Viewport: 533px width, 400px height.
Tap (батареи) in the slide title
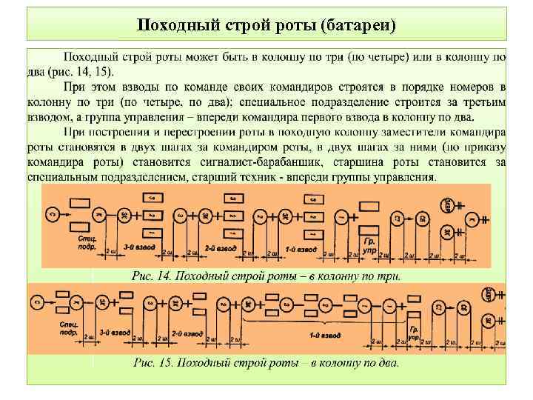coord(359,24)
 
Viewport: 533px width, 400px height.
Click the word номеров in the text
coord(474,87)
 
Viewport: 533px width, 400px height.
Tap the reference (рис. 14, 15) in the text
coord(89,72)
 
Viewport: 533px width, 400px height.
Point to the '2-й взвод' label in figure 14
coord(221,248)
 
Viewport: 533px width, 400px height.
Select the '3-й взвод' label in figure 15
coord(114,332)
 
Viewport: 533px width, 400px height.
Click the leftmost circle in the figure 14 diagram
coord(51,214)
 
